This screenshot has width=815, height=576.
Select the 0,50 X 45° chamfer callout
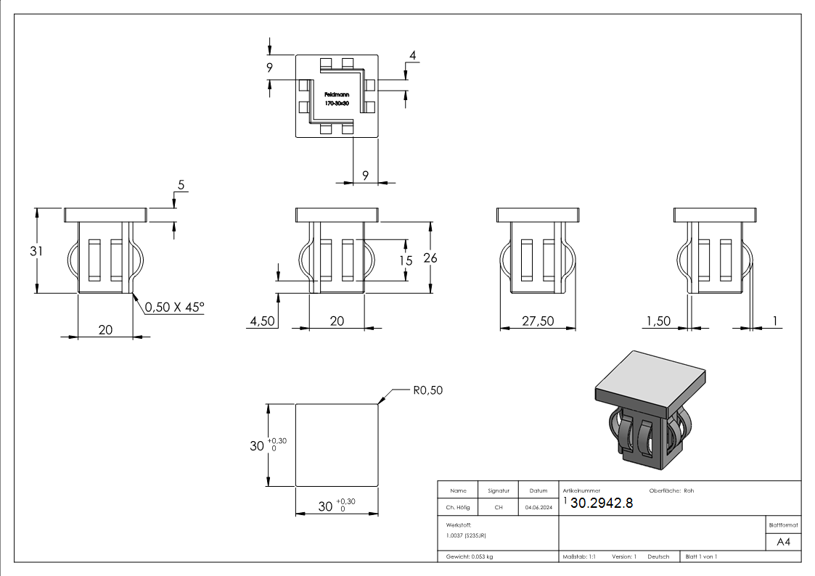(174, 308)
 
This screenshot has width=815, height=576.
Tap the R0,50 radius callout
(427, 390)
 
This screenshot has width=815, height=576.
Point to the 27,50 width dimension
(538, 321)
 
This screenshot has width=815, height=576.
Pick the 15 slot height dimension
(405, 260)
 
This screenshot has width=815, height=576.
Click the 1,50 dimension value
(658, 321)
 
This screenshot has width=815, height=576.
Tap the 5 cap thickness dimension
(180, 186)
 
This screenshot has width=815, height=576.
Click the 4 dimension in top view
(412, 56)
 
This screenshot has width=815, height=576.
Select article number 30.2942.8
(602, 503)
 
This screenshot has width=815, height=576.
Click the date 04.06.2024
(538, 508)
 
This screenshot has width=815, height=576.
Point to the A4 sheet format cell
(783, 542)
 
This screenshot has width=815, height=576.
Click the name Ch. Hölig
(457, 508)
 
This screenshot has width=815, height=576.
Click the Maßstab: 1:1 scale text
(580, 556)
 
